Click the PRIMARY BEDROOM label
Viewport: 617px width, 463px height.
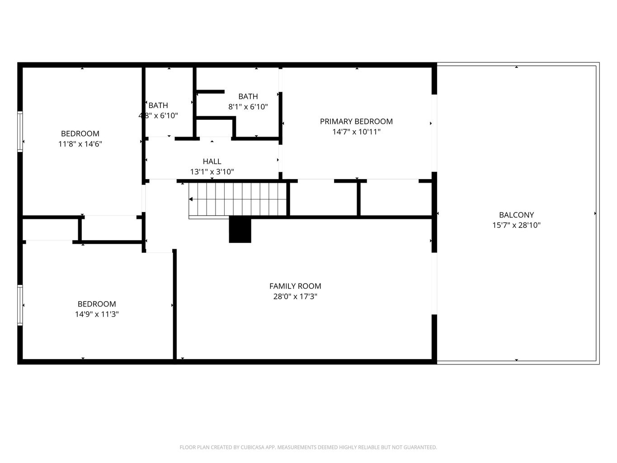pos(356,121)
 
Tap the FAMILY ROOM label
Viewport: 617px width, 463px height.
pos(295,286)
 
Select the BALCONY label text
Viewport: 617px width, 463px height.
pos(516,215)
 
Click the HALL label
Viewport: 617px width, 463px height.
pos(212,161)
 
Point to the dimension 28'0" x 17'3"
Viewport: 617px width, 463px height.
pos(295,297)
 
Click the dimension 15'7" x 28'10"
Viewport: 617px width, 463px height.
pos(516,225)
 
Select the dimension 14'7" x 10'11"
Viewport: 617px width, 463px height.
pos(356,132)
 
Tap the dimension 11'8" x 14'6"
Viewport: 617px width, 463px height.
pos(80,144)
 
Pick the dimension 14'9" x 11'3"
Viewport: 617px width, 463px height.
pos(97,314)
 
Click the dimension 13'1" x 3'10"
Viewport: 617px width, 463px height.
pos(212,172)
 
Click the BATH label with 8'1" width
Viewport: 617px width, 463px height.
pos(248,96)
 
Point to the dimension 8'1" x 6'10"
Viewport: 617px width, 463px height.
pos(248,107)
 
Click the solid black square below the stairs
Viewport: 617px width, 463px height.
pos(240,230)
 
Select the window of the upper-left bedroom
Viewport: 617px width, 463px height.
pos(20,131)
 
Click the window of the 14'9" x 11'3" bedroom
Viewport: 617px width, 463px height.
pos(20,305)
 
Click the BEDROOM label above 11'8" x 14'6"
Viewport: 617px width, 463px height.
pos(80,133)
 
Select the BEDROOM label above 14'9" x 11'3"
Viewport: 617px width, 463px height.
pos(97,304)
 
